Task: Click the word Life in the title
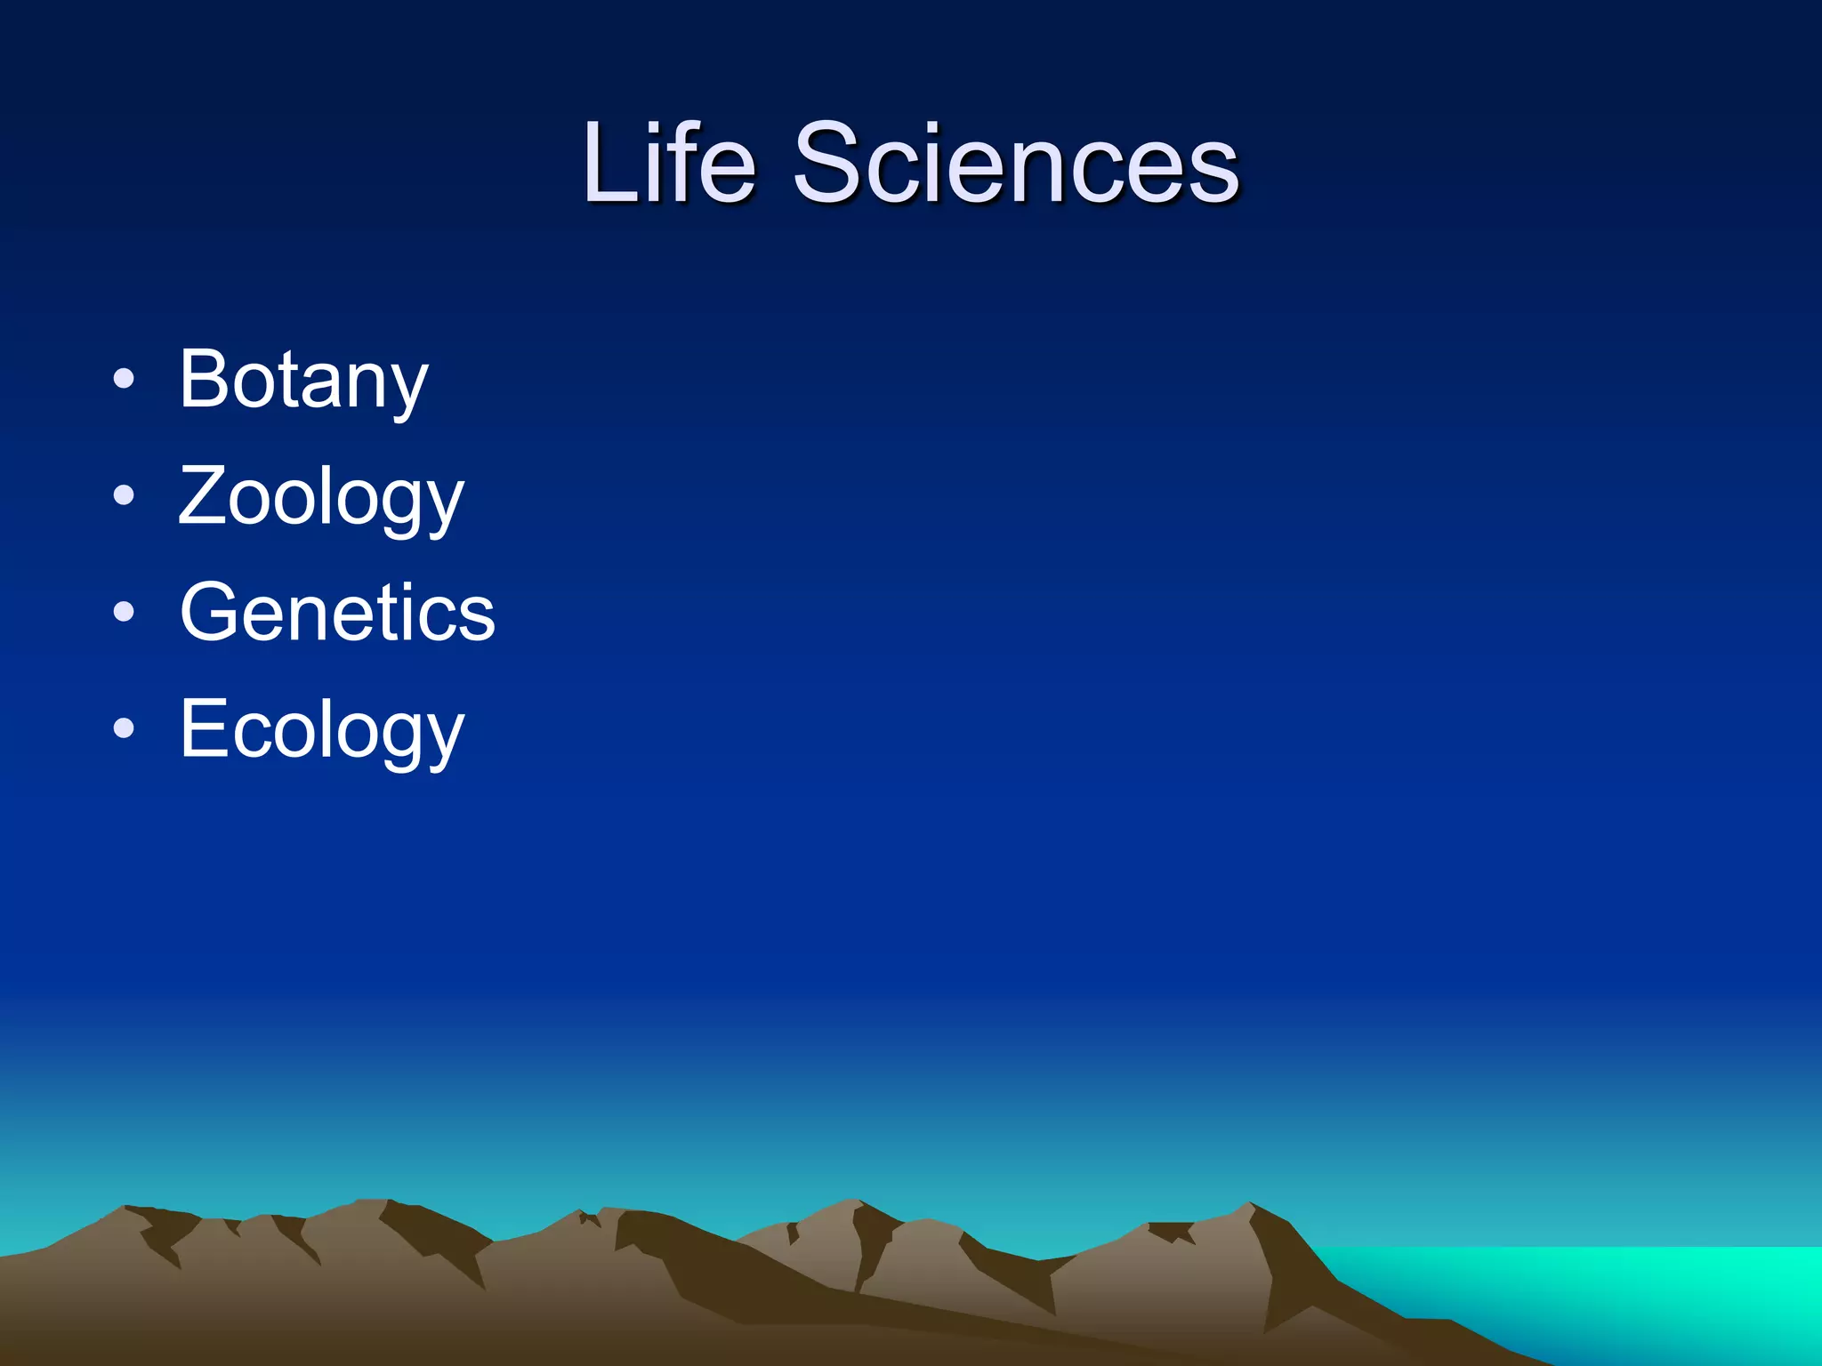point(669,164)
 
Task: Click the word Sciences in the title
point(1016,164)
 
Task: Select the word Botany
point(303,381)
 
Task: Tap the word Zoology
point(321,498)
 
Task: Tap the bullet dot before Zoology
point(124,495)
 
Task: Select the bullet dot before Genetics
point(124,612)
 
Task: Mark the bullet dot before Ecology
point(124,728)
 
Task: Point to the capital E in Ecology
point(203,728)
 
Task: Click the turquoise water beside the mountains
point(1601,1290)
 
